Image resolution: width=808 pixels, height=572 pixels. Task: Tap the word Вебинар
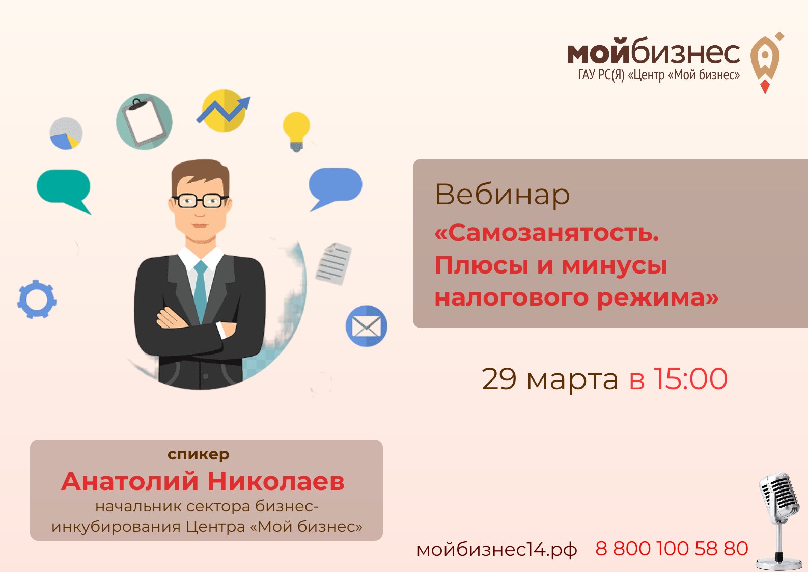(x=502, y=195)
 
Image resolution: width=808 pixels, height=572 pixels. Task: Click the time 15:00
(x=690, y=379)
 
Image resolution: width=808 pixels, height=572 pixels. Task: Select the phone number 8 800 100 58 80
(x=671, y=549)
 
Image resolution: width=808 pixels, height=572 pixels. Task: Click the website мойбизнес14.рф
(x=496, y=550)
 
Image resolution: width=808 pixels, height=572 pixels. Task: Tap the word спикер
(x=199, y=454)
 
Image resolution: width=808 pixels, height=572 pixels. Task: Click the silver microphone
(x=777, y=514)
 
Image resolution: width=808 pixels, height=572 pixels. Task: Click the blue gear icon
(x=37, y=299)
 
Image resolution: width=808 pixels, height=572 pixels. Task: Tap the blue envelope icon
(x=367, y=326)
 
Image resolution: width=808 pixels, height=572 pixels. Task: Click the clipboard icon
(x=144, y=121)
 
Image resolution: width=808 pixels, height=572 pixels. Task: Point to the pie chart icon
(x=66, y=133)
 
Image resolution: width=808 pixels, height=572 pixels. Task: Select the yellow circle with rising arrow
(x=224, y=111)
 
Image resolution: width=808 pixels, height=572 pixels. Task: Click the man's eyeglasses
(x=200, y=200)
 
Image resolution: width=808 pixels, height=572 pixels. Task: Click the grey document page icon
(x=333, y=263)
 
